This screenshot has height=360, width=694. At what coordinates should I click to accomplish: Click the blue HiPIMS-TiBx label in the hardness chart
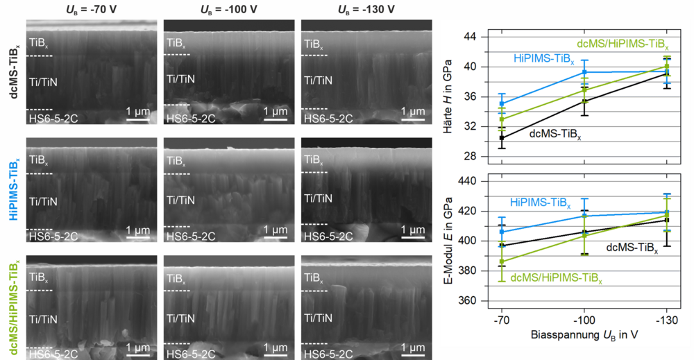(544, 60)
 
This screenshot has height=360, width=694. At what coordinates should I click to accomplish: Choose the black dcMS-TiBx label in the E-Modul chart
(633, 247)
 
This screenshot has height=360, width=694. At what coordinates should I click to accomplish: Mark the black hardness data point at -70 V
(502, 138)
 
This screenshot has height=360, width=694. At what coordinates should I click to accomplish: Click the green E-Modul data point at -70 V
(502, 262)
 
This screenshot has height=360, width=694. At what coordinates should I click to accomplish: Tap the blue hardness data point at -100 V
(584, 72)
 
